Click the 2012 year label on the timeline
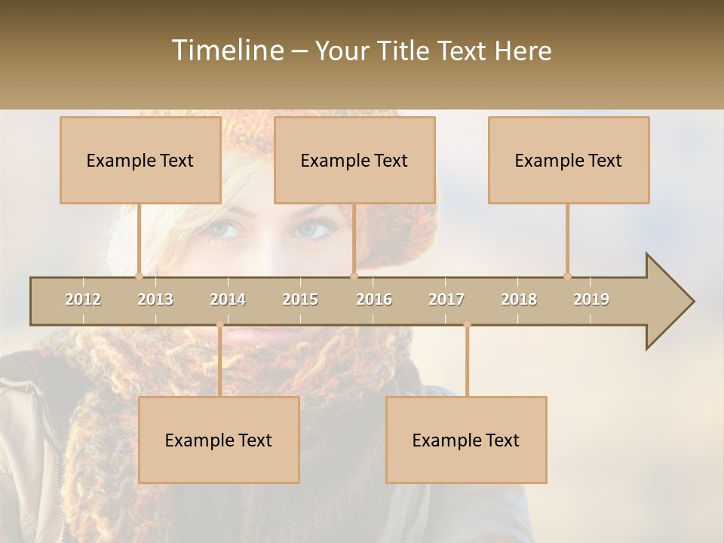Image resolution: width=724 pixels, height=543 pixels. [x=83, y=299]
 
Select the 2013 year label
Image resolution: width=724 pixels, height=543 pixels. [x=155, y=299]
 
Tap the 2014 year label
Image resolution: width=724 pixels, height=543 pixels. [x=228, y=299]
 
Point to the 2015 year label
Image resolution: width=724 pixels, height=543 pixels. [x=300, y=299]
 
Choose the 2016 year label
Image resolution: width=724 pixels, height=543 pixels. [x=374, y=299]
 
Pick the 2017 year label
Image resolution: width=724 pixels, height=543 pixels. [x=446, y=299]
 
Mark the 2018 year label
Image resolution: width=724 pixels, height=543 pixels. [x=519, y=299]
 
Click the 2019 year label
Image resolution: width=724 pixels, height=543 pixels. [x=591, y=299]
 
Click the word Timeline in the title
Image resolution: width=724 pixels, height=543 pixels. [x=226, y=51]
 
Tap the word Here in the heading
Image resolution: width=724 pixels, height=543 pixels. [x=523, y=51]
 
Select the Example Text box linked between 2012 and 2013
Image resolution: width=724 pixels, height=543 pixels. [x=140, y=160]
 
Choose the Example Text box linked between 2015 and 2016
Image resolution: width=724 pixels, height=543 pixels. [x=354, y=160]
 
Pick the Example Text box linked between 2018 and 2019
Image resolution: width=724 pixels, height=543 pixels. [x=569, y=160]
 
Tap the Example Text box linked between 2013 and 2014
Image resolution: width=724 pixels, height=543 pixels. [x=219, y=440]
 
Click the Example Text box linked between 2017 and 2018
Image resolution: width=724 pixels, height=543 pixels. [x=466, y=440]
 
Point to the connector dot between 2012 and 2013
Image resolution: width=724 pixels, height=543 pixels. [x=140, y=276]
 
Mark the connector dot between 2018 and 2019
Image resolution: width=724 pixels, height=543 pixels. [x=567, y=276]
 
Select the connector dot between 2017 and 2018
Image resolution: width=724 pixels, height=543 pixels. [x=467, y=324]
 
